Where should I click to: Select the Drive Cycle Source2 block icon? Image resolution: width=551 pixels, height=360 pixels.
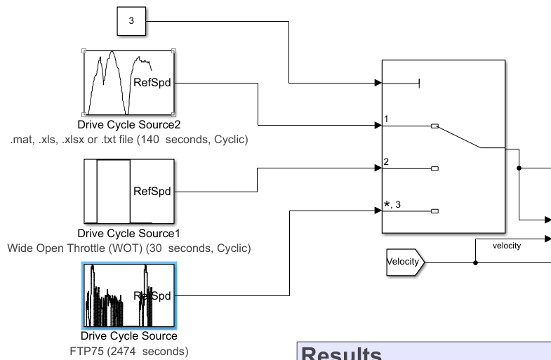click(128, 82)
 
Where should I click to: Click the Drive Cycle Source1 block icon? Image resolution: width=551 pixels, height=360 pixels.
click(128, 190)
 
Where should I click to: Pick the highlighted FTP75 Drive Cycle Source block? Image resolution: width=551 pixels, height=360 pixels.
click(128, 295)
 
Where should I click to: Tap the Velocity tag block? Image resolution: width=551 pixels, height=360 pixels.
click(404, 262)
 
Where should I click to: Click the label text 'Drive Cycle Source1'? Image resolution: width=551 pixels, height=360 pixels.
click(129, 233)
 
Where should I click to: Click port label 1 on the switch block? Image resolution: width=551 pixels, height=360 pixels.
click(386, 120)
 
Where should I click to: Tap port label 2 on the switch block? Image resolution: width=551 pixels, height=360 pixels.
click(386, 161)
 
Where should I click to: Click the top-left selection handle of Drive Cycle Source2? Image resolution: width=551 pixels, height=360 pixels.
click(84, 51)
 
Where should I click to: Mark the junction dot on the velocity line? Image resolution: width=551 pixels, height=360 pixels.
click(476, 263)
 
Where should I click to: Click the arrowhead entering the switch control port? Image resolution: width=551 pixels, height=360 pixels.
click(378, 84)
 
